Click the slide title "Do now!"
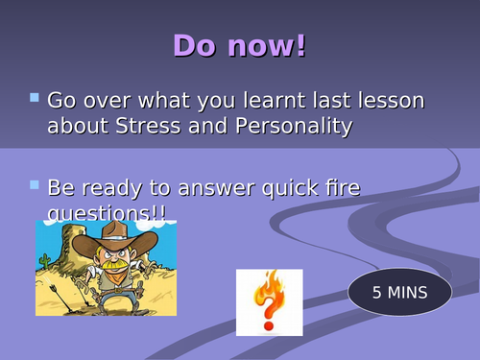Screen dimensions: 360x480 [240, 45]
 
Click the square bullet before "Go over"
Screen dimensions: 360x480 [36, 97]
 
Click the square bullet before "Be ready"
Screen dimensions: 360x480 [36, 182]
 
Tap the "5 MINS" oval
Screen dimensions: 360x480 [399, 290]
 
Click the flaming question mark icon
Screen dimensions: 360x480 [269, 301]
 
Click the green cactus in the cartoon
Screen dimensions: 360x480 [44, 259]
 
